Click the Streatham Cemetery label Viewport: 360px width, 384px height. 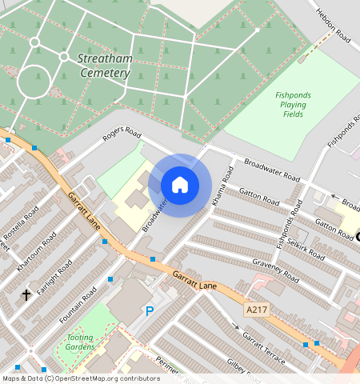point(104,66)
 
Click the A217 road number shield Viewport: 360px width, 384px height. point(256,309)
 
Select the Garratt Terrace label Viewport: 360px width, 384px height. point(264,346)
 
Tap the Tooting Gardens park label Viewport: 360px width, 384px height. point(81,342)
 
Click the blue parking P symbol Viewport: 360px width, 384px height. point(149,311)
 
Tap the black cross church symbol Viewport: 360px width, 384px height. point(26,295)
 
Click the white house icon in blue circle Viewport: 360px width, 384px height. point(180,185)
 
